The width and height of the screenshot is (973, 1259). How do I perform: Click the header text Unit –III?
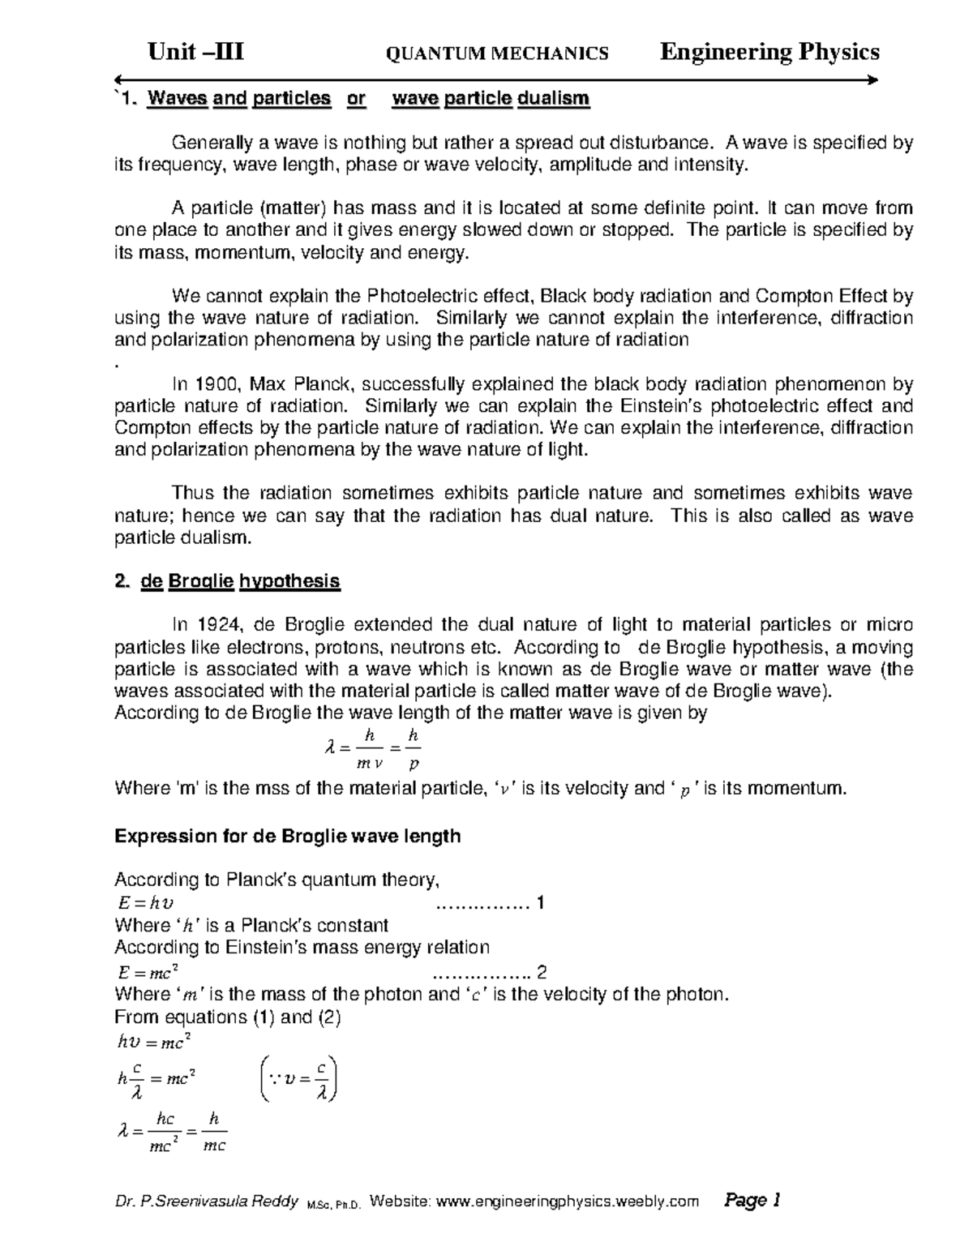[195, 53]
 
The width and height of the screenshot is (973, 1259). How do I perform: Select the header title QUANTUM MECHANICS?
[498, 54]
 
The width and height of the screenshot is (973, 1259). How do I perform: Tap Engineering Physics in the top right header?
[769, 53]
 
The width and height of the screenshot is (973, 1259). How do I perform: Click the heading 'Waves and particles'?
[239, 99]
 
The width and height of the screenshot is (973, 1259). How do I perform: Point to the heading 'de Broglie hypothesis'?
[241, 581]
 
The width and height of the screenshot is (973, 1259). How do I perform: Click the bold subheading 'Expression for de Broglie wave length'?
[287, 836]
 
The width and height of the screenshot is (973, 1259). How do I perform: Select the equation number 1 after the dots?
[541, 902]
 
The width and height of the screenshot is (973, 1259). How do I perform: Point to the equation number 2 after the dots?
[542, 972]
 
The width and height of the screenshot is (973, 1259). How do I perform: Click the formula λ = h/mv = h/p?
[372, 749]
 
